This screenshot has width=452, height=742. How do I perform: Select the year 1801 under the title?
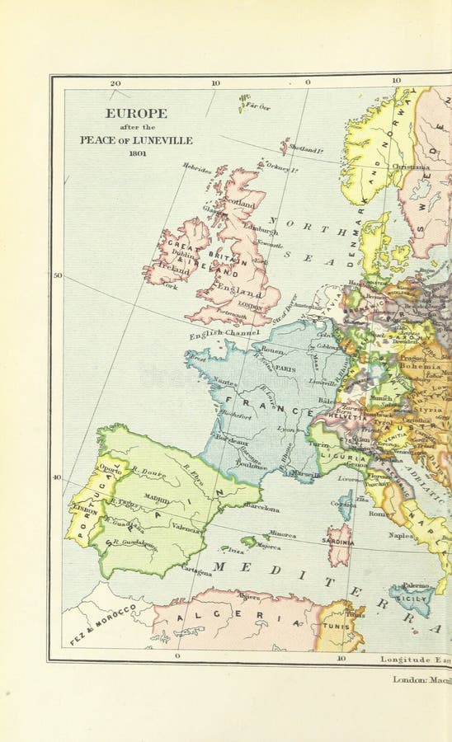(135, 153)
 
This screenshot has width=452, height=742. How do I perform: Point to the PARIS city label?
(285, 369)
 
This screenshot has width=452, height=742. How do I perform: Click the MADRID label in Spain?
(156, 498)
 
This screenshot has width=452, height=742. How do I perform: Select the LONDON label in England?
(250, 304)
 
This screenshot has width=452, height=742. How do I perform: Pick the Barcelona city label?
(261, 509)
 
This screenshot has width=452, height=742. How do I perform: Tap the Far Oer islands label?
(258, 106)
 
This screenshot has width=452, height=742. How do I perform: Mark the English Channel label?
(224, 334)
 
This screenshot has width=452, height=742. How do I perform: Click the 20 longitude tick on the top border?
(115, 82)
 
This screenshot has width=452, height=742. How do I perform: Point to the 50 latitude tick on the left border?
(57, 275)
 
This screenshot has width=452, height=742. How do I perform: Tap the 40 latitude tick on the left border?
(57, 477)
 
